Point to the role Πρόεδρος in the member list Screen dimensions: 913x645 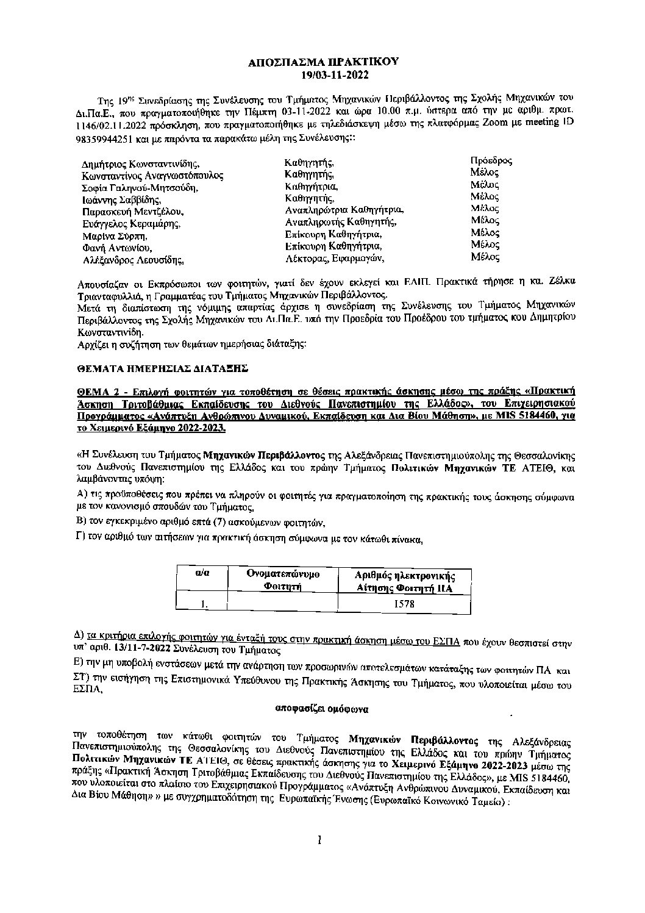click(491, 161)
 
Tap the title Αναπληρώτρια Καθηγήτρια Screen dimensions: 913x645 click(344, 210)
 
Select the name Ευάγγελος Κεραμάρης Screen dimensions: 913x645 click(131, 224)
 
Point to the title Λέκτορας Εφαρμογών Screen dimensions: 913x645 click(335, 259)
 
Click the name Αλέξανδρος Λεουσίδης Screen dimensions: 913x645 click(134, 260)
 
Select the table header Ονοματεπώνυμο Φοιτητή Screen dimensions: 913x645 click(283, 580)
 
